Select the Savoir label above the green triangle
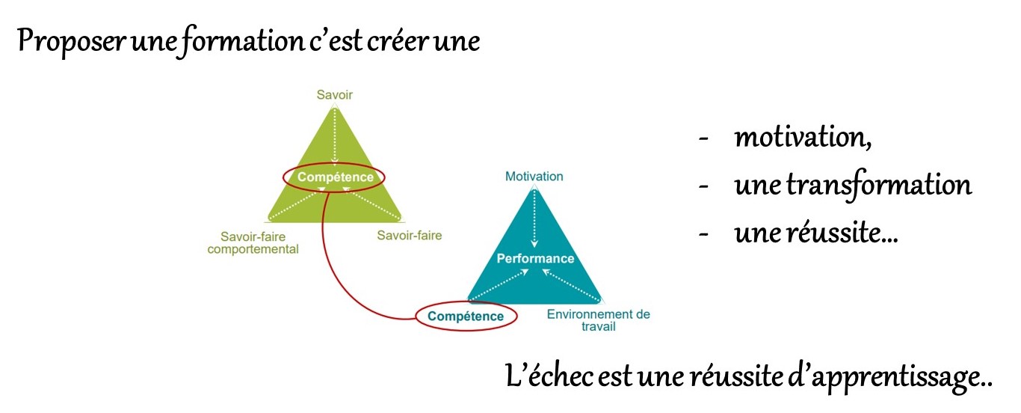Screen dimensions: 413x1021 click(334, 95)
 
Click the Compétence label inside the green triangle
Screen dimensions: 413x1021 click(334, 177)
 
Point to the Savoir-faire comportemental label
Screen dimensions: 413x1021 click(253, 242)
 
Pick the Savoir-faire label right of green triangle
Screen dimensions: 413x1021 click(409, 236)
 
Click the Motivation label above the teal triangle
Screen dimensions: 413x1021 click(534, 177)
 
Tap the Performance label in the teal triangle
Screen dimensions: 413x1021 click(535, 259)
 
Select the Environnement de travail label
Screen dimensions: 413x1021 click(598, 320)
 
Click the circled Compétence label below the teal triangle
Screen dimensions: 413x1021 click(466, 316)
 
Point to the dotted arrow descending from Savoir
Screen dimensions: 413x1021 click(335, 135)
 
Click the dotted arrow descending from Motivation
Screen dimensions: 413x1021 click(534, 217)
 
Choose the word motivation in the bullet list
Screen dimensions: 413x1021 click(803, 138)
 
